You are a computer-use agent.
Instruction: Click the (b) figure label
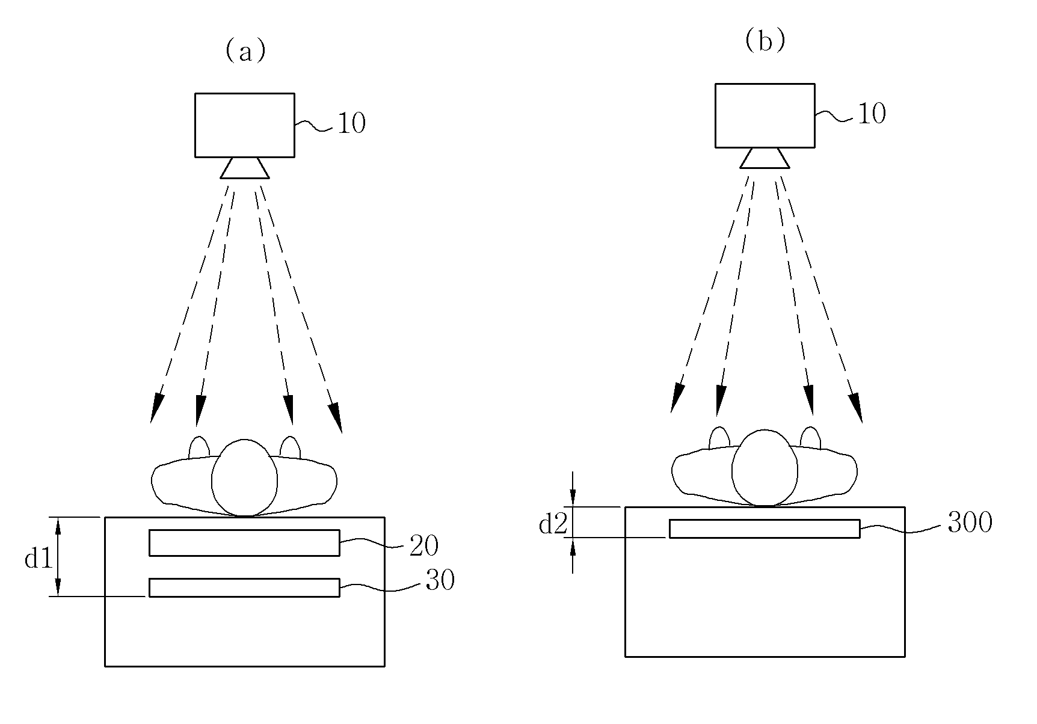coord(765,42)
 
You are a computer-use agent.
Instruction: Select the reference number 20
coord(423,545)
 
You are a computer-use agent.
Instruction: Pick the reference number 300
coord(970,523)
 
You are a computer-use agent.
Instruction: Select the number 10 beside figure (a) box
coord(351,124)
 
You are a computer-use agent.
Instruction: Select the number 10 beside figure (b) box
coord(872,114)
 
